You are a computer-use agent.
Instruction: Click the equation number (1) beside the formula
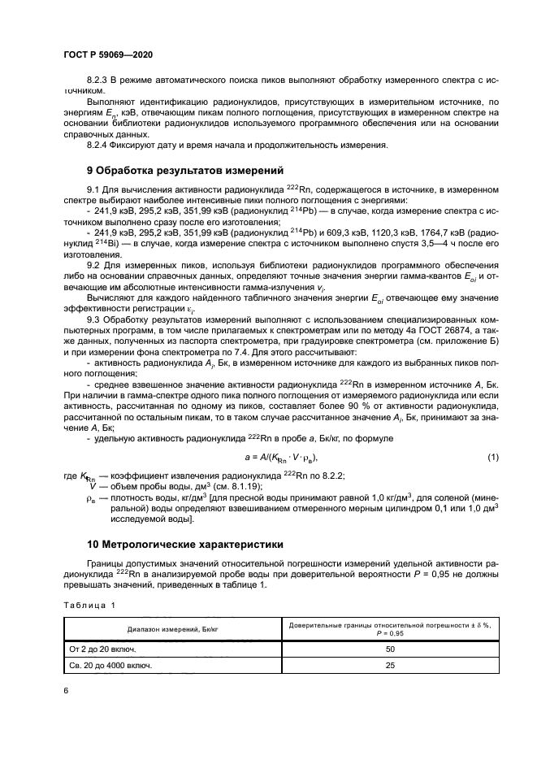tap(492, 458)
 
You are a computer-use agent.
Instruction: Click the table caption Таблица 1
tap(90, 605)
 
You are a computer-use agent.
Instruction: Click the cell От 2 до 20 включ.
tap(102, 649)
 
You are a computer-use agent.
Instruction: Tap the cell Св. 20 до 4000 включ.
tap(111, 666)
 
